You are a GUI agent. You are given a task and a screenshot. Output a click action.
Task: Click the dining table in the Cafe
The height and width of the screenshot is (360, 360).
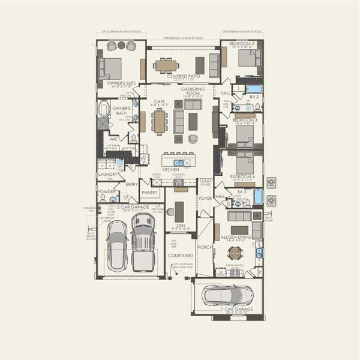[160, 121]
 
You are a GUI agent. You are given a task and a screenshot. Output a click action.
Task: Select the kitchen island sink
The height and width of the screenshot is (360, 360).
[179, 162]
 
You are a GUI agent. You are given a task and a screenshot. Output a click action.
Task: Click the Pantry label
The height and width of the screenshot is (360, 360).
[149, 193]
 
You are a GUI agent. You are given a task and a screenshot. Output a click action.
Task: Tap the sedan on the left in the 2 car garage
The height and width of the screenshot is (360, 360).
[117, 244]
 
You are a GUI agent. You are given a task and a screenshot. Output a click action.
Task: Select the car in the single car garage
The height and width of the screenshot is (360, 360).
[227, 295]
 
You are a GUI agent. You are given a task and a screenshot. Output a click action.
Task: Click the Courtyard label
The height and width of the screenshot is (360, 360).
[181, 255]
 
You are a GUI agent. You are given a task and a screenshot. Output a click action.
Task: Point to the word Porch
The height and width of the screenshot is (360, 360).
[205, 246]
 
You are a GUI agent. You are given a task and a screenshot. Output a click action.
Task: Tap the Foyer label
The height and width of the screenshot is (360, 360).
[205, 197]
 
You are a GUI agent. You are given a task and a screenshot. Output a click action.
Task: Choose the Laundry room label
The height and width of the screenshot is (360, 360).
[108, 174]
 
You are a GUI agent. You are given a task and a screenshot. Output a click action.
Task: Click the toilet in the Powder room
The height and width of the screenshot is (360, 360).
[103, 197]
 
